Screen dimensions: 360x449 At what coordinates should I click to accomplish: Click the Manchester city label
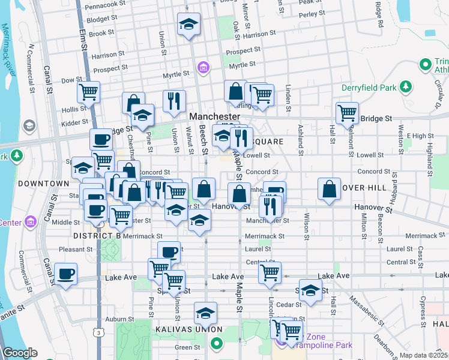pyautogui.click(x=214, y=116)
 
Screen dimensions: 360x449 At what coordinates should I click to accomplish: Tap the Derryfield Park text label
pyautogui.click(x=369, y=88)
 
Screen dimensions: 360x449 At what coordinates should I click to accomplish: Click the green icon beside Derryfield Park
pyautogui.click(x=406, y=87)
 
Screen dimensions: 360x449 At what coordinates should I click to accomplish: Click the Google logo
pyautogui.click(x=20, y=353)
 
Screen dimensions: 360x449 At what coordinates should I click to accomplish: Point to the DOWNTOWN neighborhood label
pyautogui.click(x=43, y=183)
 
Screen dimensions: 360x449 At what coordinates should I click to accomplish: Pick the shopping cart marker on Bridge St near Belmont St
pyautogui.click(x=347, y=112)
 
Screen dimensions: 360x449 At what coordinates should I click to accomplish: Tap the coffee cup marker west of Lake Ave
pyautogui.click(x=65, y=274)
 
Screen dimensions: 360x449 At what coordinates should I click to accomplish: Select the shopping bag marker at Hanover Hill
pyautogui.click(x=330, y=188)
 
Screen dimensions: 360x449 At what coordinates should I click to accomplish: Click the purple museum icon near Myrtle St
pyautogui.click(x=203, y=67)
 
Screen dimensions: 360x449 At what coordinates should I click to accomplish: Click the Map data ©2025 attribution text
pyautogui.click(x=424, y=355)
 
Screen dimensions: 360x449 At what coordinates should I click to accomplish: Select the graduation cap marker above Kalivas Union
pyautogui.click(x=205, y=313)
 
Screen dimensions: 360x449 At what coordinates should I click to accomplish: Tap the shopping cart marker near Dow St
pyautogui.click(x=88, y=92)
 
